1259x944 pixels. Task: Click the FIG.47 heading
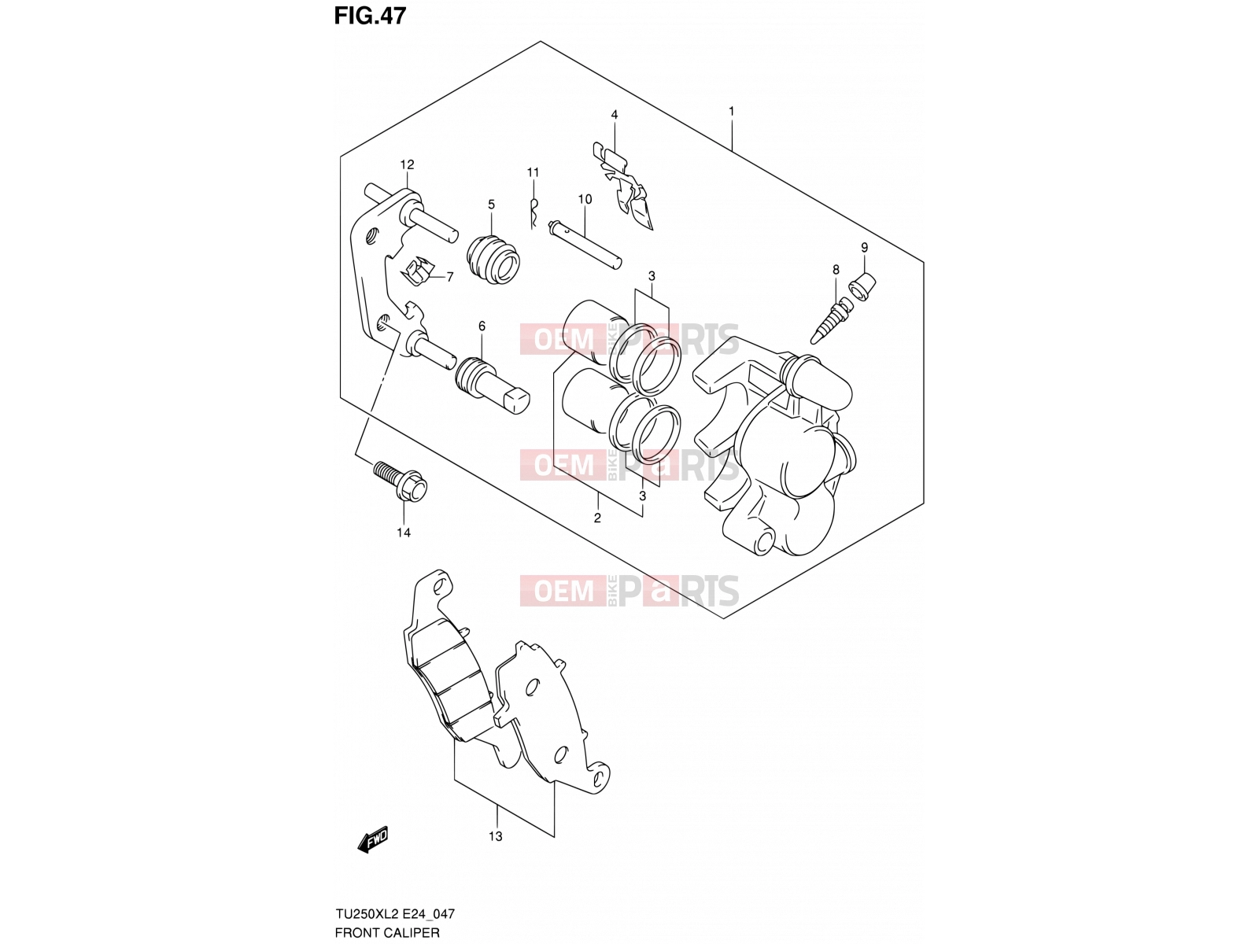[370, 16]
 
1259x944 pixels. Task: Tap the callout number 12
[407, 164]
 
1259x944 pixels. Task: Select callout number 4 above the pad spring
[615, 115]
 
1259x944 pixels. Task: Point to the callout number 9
[864, 248]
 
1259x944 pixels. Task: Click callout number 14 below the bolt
[404, 533]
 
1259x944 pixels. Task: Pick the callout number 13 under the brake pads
[496, 836]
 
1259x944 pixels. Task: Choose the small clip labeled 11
[534, 213]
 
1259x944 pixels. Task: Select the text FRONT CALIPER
[387, 932]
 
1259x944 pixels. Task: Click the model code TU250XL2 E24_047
[395, 913]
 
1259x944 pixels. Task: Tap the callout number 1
[731, 111]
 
